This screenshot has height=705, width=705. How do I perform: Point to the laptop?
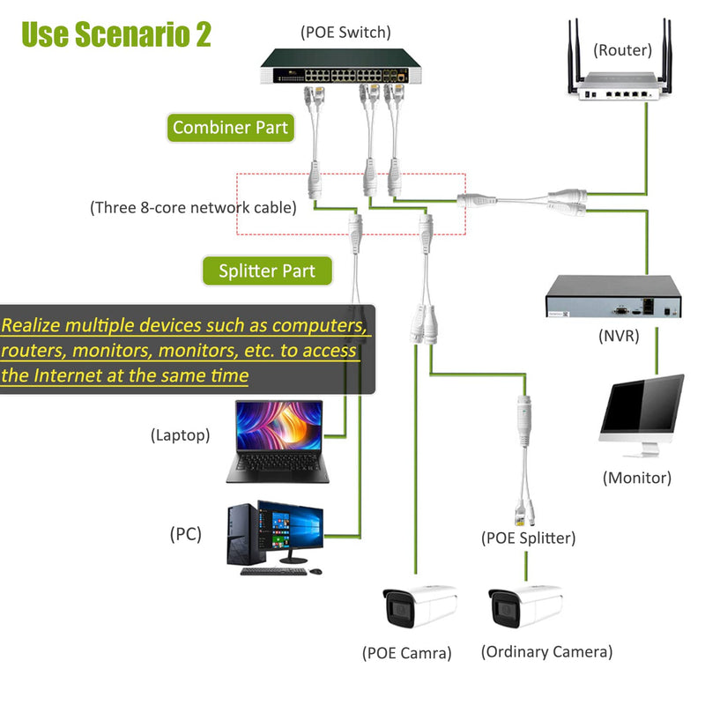(278, 441)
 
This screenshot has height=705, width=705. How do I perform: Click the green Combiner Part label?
(230, 128)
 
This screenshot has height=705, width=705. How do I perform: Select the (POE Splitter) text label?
(528, 538)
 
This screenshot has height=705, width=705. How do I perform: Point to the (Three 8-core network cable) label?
(193, 208)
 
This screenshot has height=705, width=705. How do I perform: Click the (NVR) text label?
(618, 336)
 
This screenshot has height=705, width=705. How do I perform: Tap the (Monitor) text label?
(636, 478)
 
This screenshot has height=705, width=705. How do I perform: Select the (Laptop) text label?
(180, 434)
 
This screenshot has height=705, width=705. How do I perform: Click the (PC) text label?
(185, 533)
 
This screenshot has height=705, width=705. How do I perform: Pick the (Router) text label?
(622, 50)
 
